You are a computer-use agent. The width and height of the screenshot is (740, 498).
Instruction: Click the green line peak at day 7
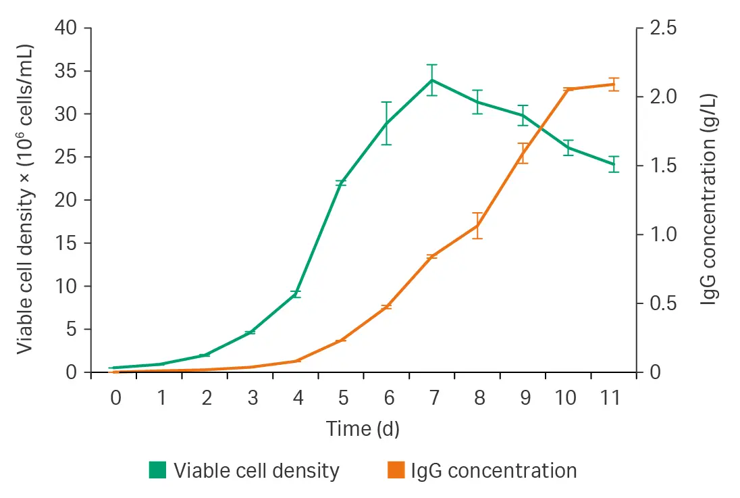click(432, 80)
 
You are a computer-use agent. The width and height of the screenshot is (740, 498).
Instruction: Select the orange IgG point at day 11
click(613, 84)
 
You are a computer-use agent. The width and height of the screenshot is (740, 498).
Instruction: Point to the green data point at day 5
click(341, 183)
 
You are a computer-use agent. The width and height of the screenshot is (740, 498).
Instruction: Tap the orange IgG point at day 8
click(477, 225)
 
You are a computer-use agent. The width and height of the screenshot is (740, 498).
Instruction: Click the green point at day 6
click(386, 124)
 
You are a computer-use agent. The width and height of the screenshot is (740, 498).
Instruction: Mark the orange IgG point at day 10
click(568, 89)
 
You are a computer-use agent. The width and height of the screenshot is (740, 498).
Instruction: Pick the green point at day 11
click(613, 164)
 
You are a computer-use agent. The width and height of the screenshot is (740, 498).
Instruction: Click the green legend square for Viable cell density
click(157, 470)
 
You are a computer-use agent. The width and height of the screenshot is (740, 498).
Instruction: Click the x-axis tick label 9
click(525, 399)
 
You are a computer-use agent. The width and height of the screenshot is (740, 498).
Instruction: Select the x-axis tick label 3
click(252, 399)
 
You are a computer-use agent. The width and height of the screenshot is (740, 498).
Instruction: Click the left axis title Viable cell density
click(25, 200)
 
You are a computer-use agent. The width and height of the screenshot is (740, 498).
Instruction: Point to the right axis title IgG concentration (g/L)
click(709, 200)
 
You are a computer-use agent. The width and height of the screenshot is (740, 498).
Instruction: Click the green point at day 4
click(296, 293)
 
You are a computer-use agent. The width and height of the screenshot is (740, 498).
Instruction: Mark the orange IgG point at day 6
click(386, 307)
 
